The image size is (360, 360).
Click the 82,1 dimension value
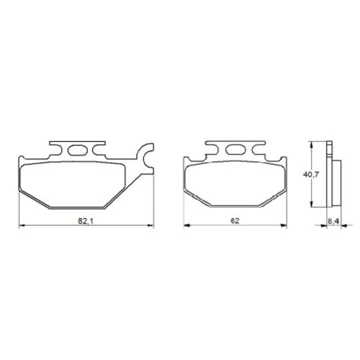click(85, 221)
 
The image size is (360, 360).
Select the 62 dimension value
click(235, 221)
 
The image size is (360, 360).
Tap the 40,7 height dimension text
click(311, 175)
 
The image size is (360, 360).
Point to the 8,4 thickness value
click(333, 221)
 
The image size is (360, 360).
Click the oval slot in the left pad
click(77, 151)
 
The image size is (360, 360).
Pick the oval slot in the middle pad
click(236, 150)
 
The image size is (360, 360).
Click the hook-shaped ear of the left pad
click(145, 159)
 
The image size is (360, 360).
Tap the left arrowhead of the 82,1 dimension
click(22, 226)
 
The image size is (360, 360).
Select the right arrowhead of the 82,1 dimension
click(151, 226)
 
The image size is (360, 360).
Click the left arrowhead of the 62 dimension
click(187, 226)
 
